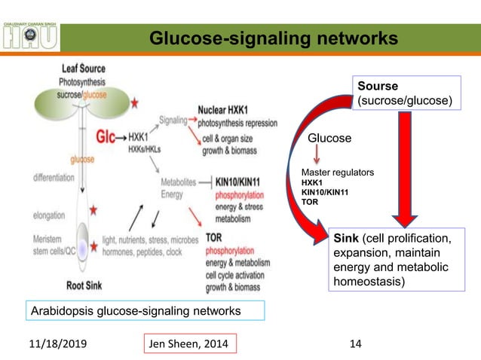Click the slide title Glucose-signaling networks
(x=272, y=38)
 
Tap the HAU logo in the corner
(x=31, y=35)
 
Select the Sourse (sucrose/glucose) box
(x=406, y=93)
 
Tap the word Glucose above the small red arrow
(x=330, y=139)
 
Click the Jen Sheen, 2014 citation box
(x=191, y=343)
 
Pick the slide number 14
(x=356, y=343)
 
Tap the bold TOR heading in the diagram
(x=213, y=236)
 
